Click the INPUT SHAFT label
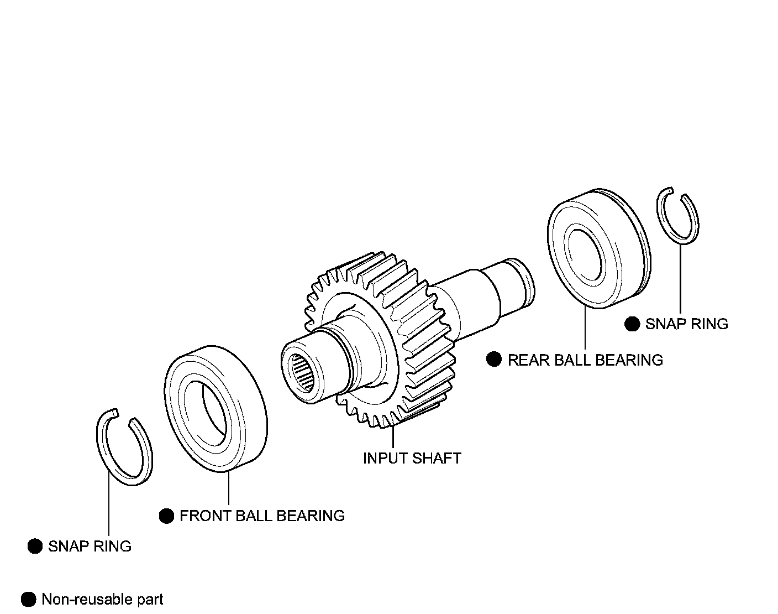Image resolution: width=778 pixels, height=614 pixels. [x=412, y=459]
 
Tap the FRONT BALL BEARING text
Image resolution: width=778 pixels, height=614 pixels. [x=262, y=516]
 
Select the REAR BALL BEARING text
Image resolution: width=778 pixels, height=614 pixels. [x=585, y=360]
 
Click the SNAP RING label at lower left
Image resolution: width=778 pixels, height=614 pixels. [x=90, y=547]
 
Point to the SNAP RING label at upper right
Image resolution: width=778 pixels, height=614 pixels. [x=686, y=324]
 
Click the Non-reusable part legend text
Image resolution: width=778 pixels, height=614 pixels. [x=102, y=600]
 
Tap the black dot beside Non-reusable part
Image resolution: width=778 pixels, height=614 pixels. [x=28, y=600]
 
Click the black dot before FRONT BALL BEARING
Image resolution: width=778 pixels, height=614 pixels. [x=166, y=516]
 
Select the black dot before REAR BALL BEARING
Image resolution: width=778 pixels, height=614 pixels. [x=493, y=360]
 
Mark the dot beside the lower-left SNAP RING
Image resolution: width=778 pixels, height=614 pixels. [x=35, y=547]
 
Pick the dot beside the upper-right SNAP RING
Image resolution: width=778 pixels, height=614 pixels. [x=632, y=324]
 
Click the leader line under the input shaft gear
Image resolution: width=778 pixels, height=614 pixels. [x=393, y=437]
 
